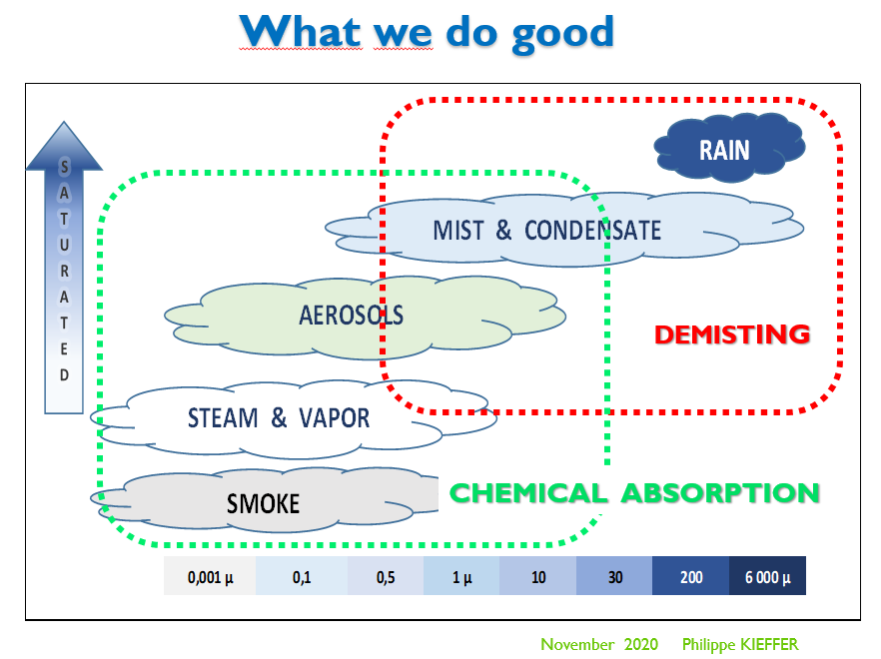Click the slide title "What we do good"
427,32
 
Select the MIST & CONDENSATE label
546,231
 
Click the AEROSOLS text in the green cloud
351,316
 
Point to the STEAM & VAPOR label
279,417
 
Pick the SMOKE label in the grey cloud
263,503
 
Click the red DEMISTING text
731,334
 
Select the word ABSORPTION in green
720,492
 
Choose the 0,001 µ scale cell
210,577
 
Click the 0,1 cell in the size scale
302,577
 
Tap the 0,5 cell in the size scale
386,577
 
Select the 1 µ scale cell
461,577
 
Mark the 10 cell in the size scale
538,577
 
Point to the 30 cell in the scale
614,577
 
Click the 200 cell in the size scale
690,577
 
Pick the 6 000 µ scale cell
767,577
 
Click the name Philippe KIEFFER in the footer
740,645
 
